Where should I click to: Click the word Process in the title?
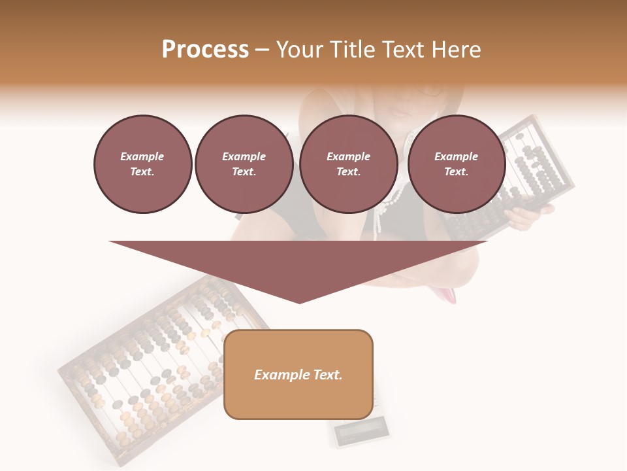pos(205,50)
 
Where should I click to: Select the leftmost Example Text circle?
pos(142,164)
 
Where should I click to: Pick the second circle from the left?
pos(244,164)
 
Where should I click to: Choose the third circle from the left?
pos(348,164)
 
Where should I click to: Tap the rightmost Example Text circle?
pos(456,164)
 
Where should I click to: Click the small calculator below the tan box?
pos(361,434)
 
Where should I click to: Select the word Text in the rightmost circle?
pos(456,171)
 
